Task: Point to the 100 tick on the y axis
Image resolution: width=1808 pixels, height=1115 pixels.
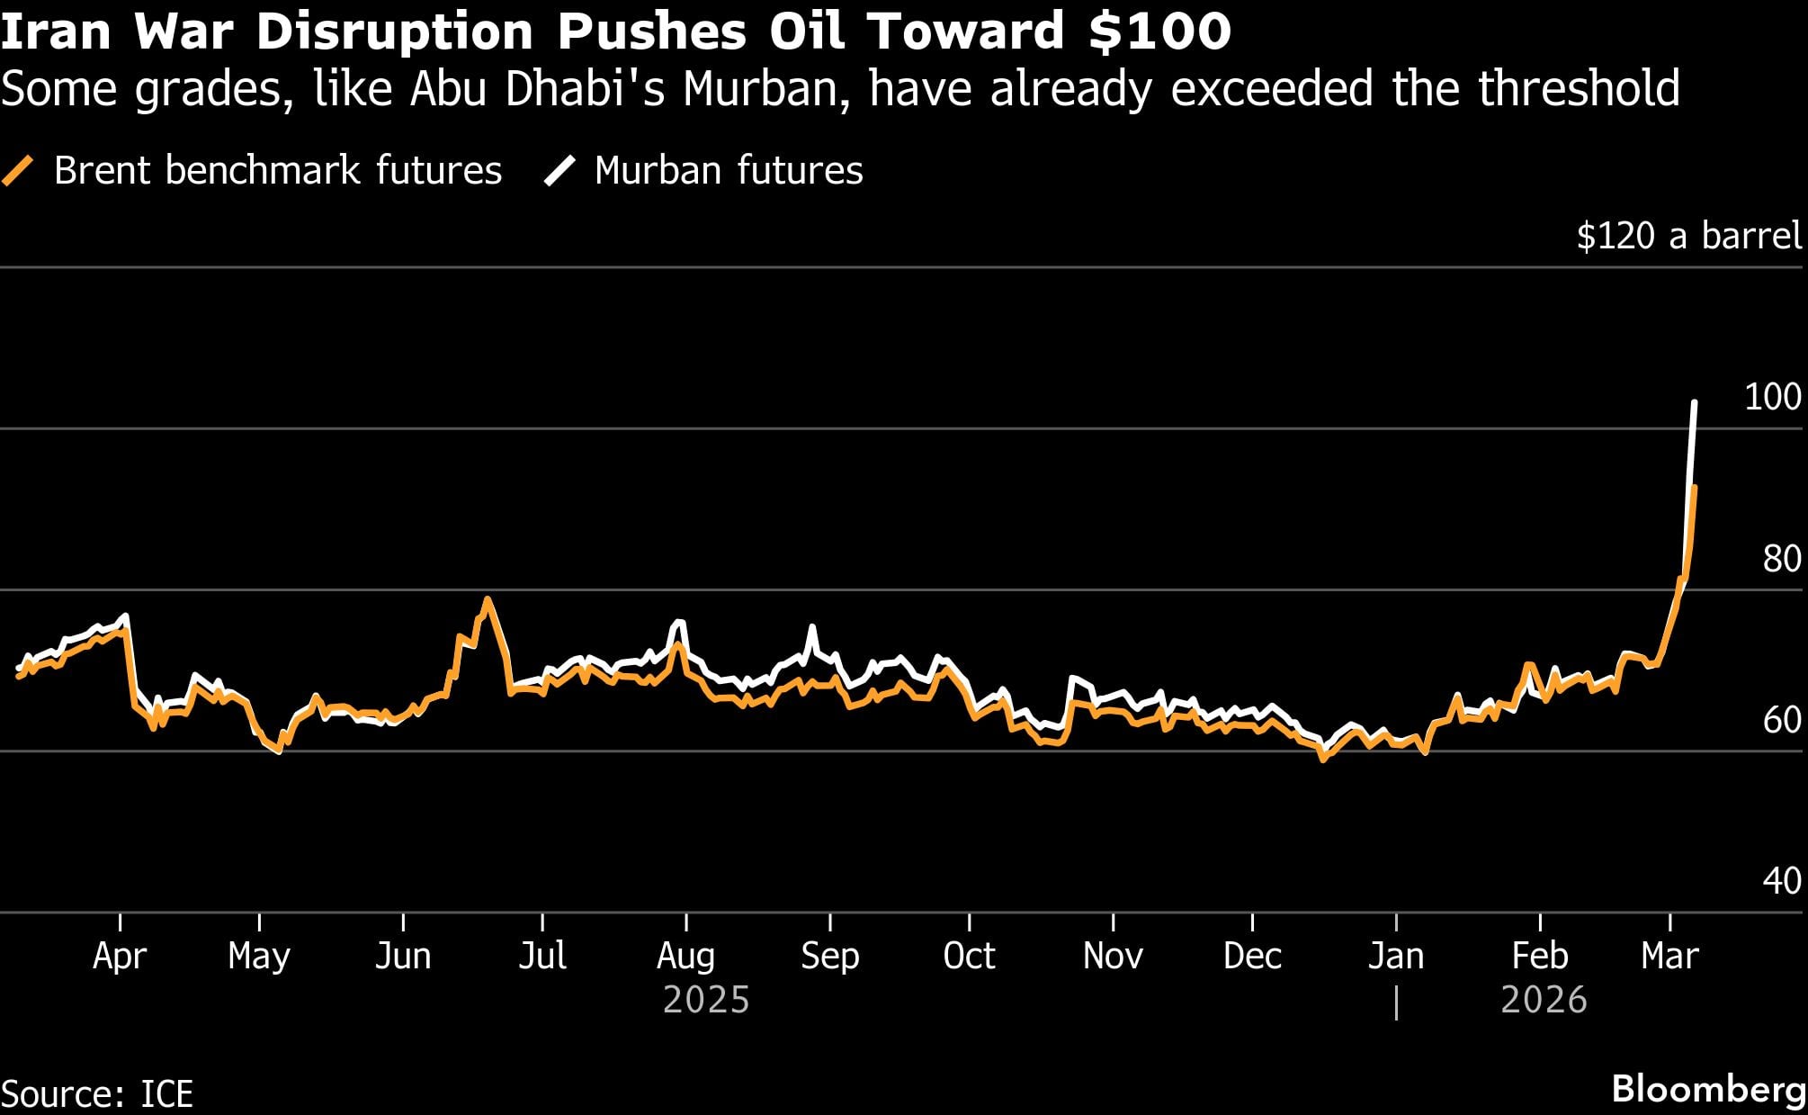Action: (1772, 397)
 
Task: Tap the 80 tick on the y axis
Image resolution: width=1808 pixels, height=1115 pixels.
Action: (1781, 559)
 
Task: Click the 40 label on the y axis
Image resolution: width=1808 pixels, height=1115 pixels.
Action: (1781, 880)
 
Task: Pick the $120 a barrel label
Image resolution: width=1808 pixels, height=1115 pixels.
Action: (1689, 236)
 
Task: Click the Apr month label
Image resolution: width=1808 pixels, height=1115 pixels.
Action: (119, 956)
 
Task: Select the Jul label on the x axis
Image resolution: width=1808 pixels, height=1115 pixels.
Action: (542, 956)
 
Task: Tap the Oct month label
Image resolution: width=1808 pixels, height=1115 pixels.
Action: (969, 956)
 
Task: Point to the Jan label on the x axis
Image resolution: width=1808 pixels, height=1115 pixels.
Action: (1395, 956)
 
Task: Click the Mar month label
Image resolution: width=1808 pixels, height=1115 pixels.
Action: (1669, 956)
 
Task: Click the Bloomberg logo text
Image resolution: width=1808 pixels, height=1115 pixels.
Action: (1708, 1089)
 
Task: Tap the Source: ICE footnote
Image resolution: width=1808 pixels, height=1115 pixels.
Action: (97, 1094)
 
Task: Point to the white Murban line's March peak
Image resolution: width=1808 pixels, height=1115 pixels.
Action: (1695, 402)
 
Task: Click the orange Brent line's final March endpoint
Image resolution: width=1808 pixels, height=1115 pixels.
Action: (1695, 487)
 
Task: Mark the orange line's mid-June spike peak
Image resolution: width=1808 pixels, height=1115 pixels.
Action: (487, 599)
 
